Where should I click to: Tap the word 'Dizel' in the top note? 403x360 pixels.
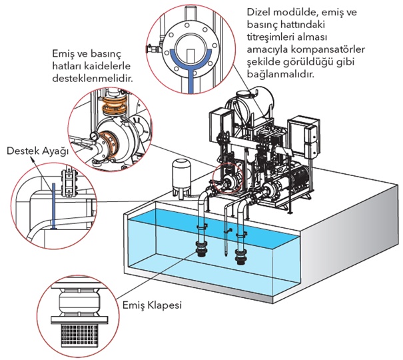pyautogui.click(x=259, y=12)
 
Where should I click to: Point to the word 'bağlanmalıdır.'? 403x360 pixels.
pyautogui.click(x=278, y=75)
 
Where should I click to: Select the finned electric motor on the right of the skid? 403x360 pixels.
pyautogui.click(x=293, y=181)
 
